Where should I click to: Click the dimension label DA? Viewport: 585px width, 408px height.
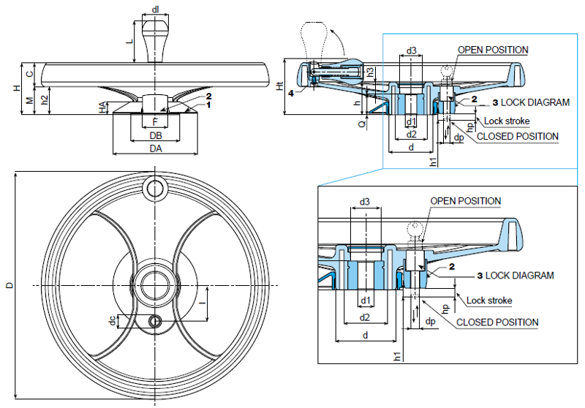[x=155, y=148]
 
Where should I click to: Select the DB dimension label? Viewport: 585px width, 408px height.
[x=155, y=136]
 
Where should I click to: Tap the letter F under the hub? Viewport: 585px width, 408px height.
[x=154, y=121]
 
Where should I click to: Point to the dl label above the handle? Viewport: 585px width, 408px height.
[x=156, y=9]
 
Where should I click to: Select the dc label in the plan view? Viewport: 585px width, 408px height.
[x=112, y=320]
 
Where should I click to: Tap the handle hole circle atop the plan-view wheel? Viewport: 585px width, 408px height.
[x=156, y=189]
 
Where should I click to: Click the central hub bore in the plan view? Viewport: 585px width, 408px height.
[x=156, y=283]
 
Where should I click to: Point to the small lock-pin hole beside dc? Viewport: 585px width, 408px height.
[x=156, y=321]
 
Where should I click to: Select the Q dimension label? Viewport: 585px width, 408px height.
[x=361, y=124]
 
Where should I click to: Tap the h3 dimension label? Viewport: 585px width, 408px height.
[x=370, y=72]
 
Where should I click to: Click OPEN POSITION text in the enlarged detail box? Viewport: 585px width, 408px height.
[x=465, y=201]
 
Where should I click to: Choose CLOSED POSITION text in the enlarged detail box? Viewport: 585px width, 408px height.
[x=497, y=322]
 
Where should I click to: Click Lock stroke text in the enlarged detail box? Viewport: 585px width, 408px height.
[x=489, y=301]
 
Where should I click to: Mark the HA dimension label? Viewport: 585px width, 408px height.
[x=102, y=107]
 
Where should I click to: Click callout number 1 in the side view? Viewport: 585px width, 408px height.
[x=208, y=105]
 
